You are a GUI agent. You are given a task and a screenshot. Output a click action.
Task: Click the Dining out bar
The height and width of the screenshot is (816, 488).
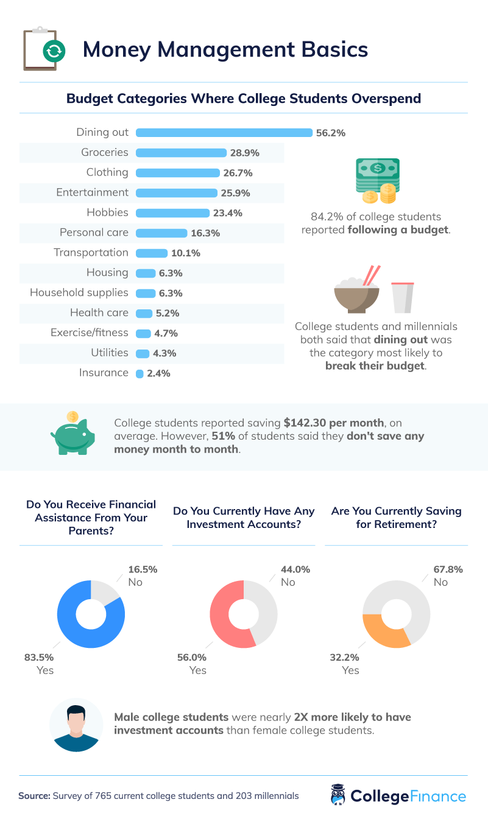tap(224, 132)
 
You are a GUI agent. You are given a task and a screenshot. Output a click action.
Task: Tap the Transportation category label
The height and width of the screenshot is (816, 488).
tap(91, 252)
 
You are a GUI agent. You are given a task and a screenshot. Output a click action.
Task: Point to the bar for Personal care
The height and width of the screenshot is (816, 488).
tap(161, 233)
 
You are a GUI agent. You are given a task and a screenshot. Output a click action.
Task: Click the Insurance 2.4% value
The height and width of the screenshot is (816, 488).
tap(158, 373)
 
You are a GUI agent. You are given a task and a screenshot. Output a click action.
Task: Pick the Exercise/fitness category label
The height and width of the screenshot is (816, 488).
tap(89, 332)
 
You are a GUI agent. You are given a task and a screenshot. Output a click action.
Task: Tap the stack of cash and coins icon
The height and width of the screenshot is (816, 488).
tap(378, 181)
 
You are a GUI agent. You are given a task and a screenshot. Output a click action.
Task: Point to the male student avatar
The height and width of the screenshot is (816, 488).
tap(76, 725)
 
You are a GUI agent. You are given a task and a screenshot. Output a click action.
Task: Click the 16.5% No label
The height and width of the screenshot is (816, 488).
tap(143, 570)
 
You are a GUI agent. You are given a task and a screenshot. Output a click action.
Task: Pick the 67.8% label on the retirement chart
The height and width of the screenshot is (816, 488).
tap(448, 570)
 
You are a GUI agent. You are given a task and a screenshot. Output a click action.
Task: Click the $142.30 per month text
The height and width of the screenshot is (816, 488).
tap(334, 422)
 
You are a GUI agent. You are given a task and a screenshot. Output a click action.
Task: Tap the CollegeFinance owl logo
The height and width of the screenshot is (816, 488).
tap(338, 795)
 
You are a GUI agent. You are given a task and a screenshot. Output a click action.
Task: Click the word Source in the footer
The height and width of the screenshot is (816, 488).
tap(34, 795)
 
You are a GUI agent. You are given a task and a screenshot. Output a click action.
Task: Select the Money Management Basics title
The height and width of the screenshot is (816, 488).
tap(225, 49)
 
